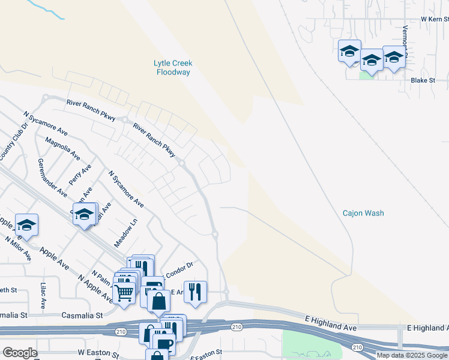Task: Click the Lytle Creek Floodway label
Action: click(173, 67)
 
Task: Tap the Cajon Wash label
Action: click(363, 213)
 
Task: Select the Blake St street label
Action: click(423, 80)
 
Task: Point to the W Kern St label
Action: click(435, 19)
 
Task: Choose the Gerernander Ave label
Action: click(52, 178)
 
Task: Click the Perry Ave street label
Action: click(75, 175)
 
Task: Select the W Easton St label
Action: click(96, 353)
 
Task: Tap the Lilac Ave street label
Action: click(43, 296)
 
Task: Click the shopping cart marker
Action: click(124, 293)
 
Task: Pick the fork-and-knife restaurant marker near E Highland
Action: click(195, 292)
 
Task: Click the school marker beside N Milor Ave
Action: click(26, 225)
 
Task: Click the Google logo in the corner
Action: click(20, 353)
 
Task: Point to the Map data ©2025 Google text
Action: click(411, 355)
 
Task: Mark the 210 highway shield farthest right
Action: click(358, 347)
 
